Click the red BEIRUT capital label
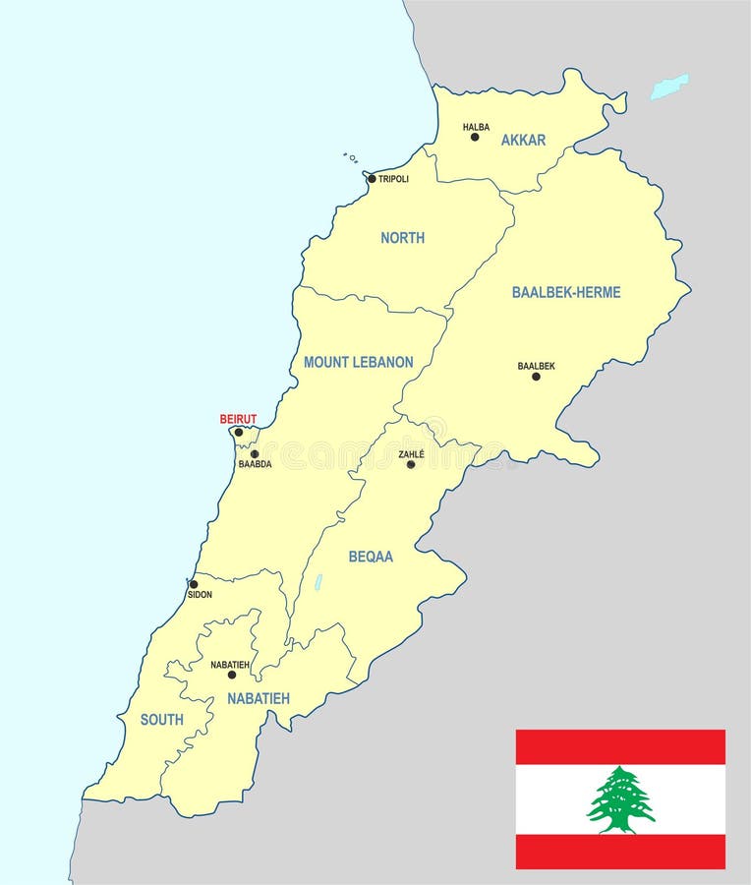tap(238, 419)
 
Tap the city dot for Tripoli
tap(372, 179)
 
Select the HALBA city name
tap(476, 127)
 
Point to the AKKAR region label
tap(523, 141)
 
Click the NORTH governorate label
tap(402, 238)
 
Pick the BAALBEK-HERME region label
tap(566, 292)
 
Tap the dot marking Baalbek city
tap(536, 377)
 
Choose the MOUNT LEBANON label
tap(358, 362)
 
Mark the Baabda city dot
tap(255, 454)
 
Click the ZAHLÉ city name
tap(411, 454)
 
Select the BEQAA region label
tap(371, 557)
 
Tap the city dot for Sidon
tap(194, 584)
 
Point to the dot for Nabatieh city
tap(232, 675)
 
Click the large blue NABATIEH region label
tap(259, 698)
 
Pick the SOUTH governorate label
tap(162, 720)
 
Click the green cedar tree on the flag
tap(620, 798)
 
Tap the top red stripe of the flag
tap(620, 746)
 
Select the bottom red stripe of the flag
tap(620, 852)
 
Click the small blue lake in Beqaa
tap(318, 582)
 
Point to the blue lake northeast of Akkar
tap(669, 86)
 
